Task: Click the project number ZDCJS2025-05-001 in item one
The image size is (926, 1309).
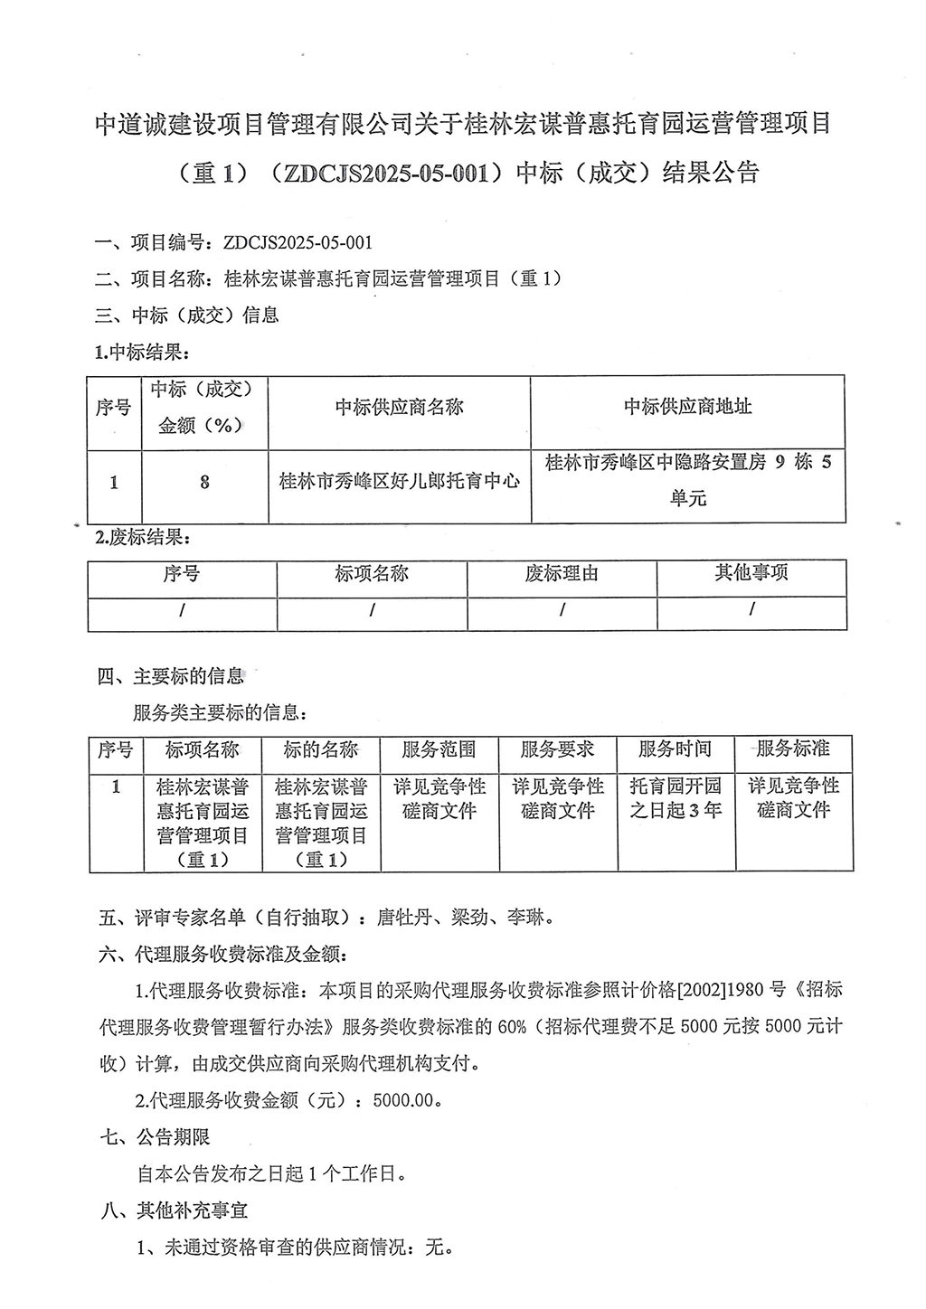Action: pos(290,242)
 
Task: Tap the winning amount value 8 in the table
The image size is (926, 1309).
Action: pos(204,482)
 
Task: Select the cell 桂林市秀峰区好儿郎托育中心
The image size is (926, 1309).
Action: pos(399,481)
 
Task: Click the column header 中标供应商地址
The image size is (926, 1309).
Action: pos(687,407)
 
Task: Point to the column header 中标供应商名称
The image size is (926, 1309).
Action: pos(399,408)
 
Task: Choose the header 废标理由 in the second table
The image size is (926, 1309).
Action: pos(562,574)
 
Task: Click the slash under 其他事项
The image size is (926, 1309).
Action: pos(751,610)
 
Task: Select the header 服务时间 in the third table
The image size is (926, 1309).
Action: pos(676,749)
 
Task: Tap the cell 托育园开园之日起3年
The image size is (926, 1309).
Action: pos(676,797)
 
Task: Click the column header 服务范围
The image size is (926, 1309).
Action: pos(439,749)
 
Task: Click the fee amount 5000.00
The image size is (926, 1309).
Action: pos(410,1101)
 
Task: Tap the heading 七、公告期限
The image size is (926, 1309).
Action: pos(155,1137)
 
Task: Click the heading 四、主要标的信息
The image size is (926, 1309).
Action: pos(171,675)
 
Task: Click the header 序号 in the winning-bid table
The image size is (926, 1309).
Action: pos(114,408)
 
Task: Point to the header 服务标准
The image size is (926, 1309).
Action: pos(793,749)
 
